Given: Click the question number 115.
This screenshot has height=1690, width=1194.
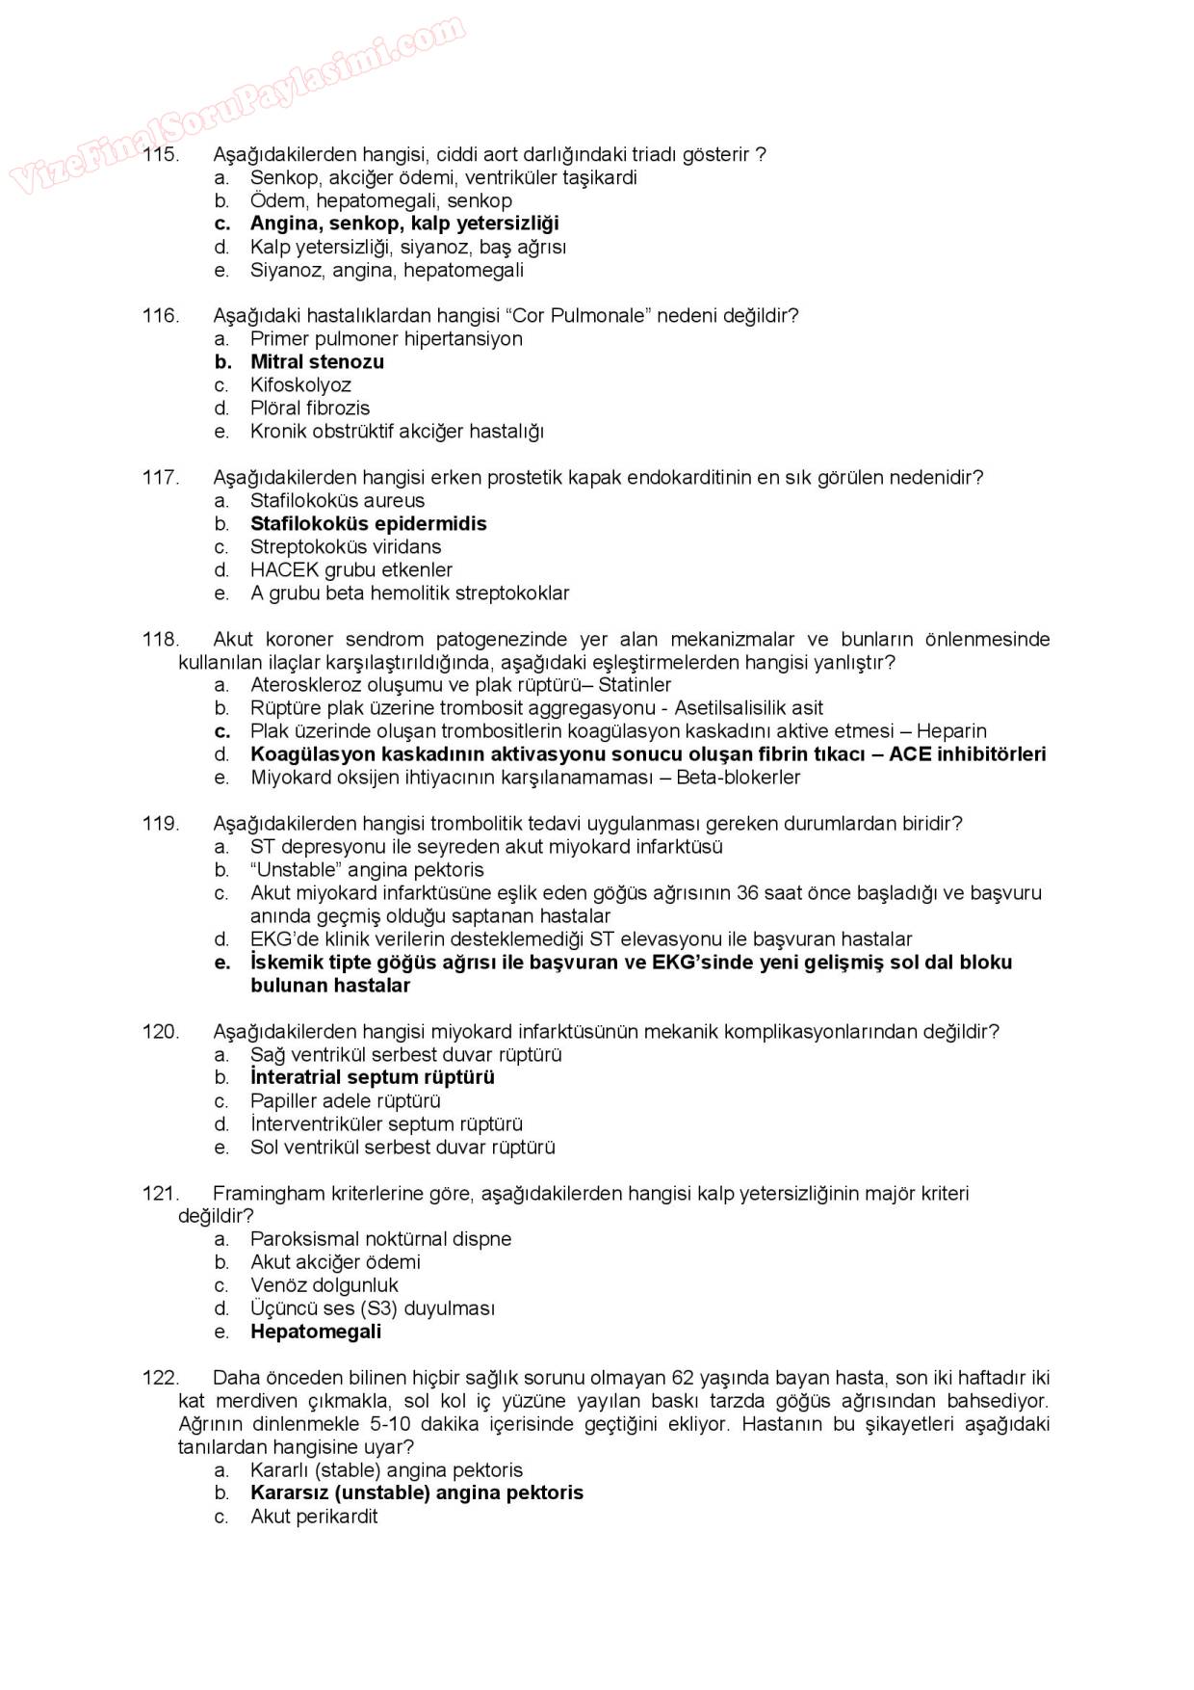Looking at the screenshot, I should coord(160,154).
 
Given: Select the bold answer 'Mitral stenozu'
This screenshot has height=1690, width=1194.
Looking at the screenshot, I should coord(317,362).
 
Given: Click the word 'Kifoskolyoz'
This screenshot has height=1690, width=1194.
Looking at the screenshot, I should coord(300,385).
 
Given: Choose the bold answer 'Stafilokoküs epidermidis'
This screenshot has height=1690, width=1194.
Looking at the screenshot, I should coord(368,524).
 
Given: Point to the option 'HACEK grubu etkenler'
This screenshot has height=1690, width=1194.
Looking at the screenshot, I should coord(350,570).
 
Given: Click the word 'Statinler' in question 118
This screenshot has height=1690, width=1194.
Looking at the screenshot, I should coord(635,685).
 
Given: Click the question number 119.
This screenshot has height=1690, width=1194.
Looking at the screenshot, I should coord(160,824).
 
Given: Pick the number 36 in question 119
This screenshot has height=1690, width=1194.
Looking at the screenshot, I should coord(747,893).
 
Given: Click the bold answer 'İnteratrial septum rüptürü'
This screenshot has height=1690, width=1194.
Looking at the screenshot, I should coord(372,1078).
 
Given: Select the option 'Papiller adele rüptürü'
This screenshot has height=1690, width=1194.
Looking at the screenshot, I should coord(345,1101).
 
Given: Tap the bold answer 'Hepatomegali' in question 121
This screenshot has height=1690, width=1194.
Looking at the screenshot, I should coord(315,1333).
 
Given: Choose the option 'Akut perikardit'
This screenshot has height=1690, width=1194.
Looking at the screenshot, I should coord(313,1517).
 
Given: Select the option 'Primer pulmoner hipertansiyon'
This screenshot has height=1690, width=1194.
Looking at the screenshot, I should coord(386,339).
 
